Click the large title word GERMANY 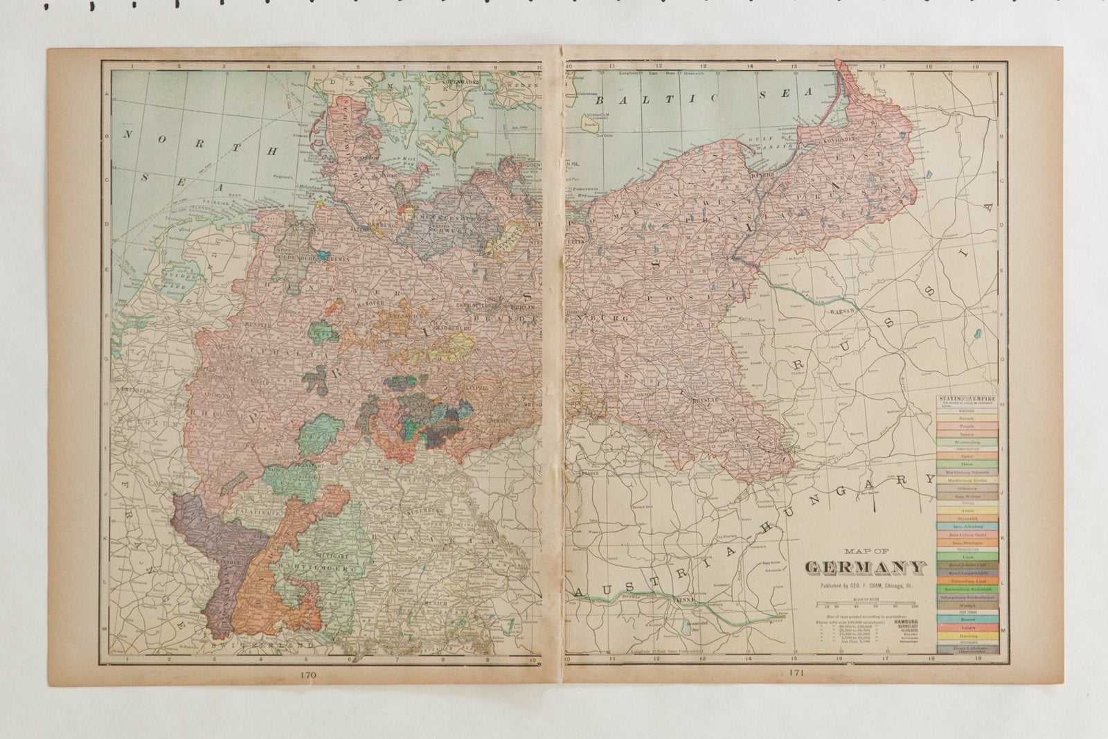[866, 568]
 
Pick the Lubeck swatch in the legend [967, 627]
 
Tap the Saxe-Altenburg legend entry [967, 526]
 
